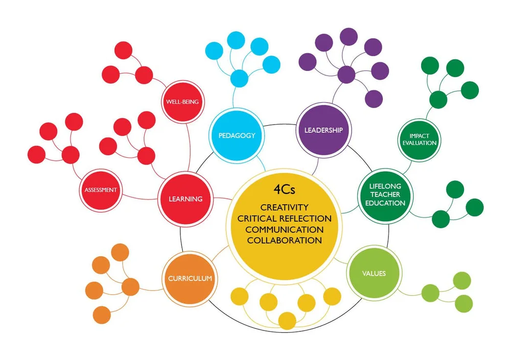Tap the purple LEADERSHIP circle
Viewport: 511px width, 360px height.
323,130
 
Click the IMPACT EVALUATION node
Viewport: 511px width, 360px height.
419,139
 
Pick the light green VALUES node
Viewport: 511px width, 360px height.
374,274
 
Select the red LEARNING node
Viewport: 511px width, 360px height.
185,199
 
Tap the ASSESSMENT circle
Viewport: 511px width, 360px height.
101,190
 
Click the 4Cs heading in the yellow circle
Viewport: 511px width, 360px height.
284,190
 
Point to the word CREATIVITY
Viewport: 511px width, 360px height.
284,207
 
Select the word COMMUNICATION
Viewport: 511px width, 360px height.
284,229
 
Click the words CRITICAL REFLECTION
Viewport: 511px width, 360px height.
284,219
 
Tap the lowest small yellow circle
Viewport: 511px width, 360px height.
287,321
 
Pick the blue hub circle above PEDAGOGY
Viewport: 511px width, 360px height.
239,79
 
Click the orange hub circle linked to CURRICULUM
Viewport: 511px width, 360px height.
130,287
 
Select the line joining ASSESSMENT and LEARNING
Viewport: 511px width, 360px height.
138,195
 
